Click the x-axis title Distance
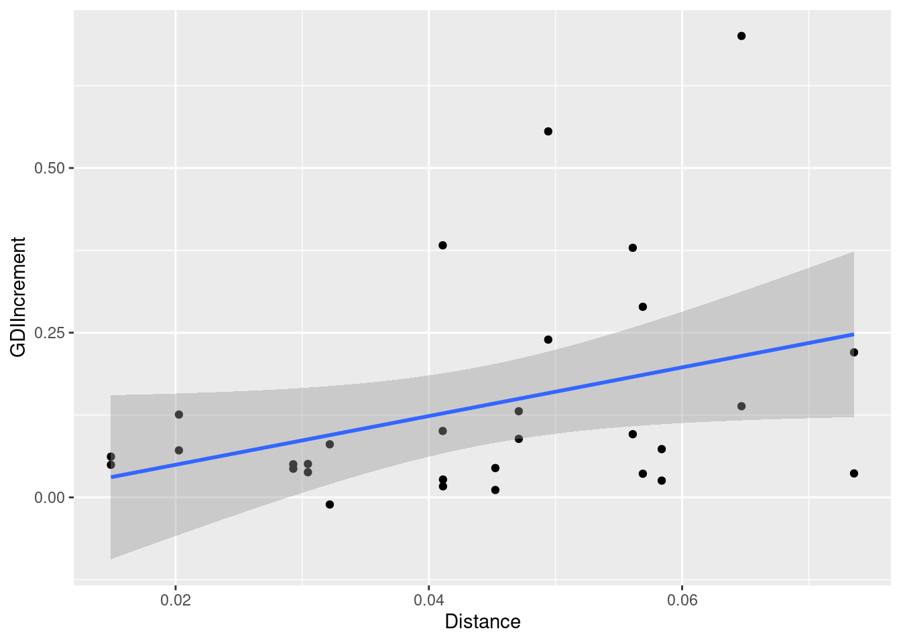(x=482, y=622)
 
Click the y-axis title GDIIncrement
(x=19, y=296)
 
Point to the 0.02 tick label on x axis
(x=175, y=599)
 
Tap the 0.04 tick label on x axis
(x=428, y=599)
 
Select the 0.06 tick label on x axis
(x=682, y=599)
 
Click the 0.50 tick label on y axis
(x=50, y=168)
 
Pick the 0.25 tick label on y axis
(x=50, y=333)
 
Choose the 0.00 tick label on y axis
(x=50, y=498)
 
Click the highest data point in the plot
(x=741, y=36)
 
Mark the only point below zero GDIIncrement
(x=330, y=504)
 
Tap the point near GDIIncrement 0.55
(x=548, y=131)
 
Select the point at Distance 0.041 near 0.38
(x=442, y=245)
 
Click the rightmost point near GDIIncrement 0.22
(x=854, y=352)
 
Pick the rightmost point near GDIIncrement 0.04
(x=854, y=474)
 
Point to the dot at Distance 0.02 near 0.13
(x=179, y=415)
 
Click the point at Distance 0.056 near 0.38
(x=633, y=248)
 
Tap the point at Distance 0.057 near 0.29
(x=643, y=307)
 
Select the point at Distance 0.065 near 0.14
(x=741, y=407)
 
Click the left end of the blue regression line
(x=111, y=477)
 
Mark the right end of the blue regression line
(x=853, y=334)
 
